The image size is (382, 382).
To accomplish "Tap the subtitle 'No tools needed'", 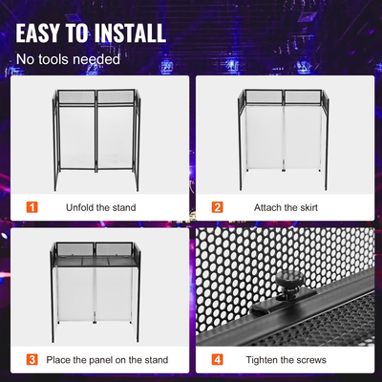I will pyautogui.click(x=67, y=59).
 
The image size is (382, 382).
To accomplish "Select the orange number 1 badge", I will pyautogui.click(x=32, y=207).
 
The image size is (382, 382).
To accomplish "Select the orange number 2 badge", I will pyautogui.click(x=217, y=207).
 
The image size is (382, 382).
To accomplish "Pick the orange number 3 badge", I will pyautogui.click(x=32, y=360).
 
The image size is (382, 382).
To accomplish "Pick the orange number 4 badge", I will pyautogui.click(x=217, y=360).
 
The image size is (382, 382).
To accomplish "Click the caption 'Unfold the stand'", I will pyautogui.click(x=100, y=207).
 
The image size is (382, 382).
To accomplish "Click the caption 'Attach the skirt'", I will pyautogui.click(x=287, y=207).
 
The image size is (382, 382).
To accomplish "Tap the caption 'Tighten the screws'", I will pyautogui.click(x=289, y=360).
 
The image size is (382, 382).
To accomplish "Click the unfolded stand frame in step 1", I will pyautogui.click(x=96, y=139).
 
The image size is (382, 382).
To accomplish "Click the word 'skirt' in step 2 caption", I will pyautogui.click(x=308, y=207).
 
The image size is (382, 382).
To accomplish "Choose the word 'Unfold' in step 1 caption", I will pyautogui.click(x=81, y=207).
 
